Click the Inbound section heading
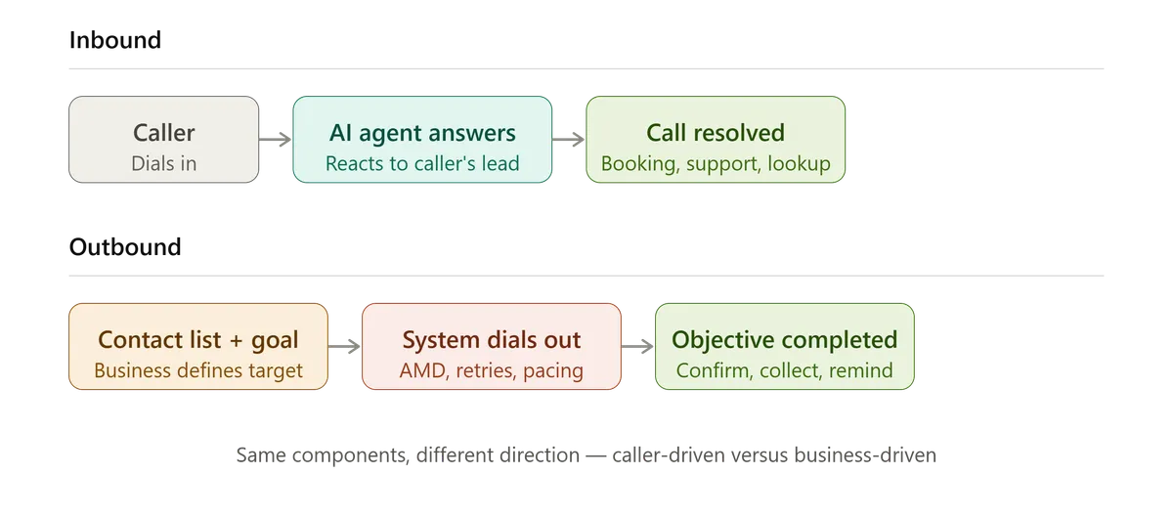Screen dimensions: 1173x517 115,40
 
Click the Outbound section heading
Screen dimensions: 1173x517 125,247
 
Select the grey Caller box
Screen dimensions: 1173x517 164,140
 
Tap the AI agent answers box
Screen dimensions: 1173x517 422,140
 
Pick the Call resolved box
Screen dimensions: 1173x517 716,140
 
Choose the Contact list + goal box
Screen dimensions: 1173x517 198,346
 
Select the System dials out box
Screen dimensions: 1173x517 492,346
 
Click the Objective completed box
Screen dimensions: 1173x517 785,346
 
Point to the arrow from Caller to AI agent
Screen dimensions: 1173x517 276,140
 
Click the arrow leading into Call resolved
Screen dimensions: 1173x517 569,140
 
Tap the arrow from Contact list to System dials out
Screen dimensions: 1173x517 344,346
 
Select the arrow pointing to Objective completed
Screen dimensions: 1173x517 637,346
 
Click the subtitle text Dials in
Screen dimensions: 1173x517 164,164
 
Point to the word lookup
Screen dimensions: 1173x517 800,164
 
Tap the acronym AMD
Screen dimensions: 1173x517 422,370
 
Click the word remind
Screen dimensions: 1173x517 861,370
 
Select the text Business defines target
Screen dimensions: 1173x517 198,370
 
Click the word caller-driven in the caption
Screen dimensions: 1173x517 669,455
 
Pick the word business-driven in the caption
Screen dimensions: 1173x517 865,455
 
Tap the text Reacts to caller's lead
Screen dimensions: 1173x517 422,164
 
